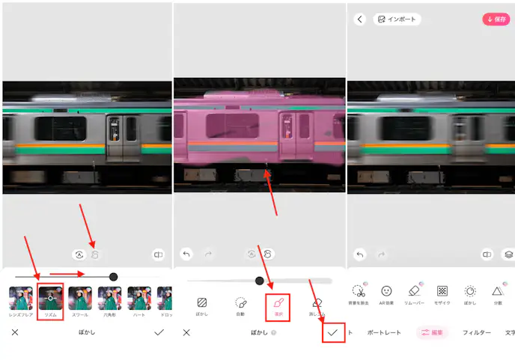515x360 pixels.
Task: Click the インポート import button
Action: point(397,19)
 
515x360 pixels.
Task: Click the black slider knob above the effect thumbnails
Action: point(113,276)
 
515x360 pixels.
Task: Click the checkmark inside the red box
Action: point(333,332)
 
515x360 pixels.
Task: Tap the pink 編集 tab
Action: point(432,332)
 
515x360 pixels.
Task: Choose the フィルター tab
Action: point(476,332)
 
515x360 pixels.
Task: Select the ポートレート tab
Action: point(384,332)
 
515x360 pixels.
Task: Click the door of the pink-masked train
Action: point(287,135)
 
